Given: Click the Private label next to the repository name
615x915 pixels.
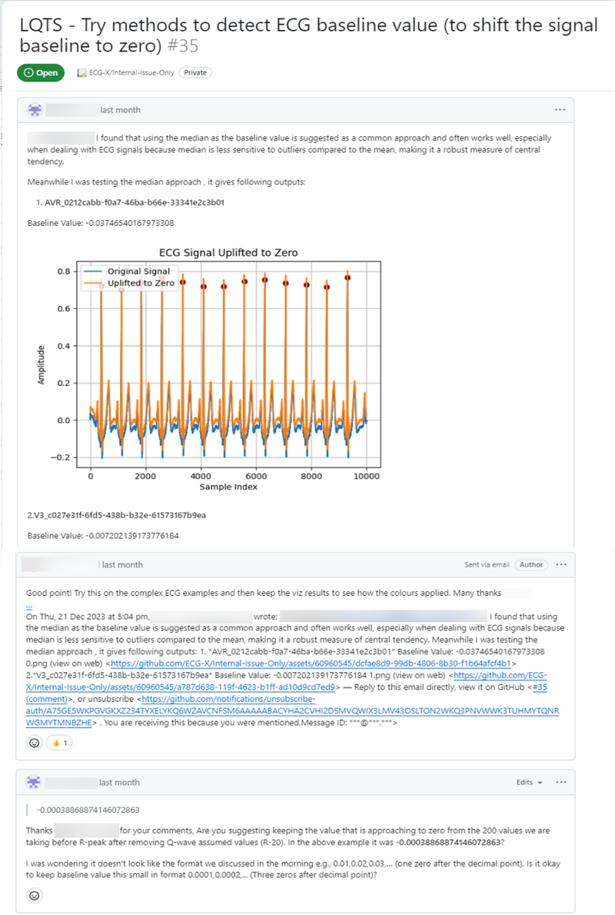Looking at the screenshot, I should click(x=195, y=72).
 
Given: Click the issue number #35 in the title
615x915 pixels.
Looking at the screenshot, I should click(x=183, y=46).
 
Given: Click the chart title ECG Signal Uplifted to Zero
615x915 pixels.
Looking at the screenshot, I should click(x=228, y=252).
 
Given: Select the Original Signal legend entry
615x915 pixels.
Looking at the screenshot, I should click(x=138, y=271).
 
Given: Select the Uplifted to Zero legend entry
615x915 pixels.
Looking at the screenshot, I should click(x=141, y=283).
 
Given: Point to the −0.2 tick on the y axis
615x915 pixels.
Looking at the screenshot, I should click(x=62, y=457).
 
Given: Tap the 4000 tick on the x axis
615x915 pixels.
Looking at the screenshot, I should click(x=201, y=476).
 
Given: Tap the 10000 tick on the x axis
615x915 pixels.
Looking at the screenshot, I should click(x=367, y=476).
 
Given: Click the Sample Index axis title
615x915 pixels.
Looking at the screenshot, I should click(x=228, y=487).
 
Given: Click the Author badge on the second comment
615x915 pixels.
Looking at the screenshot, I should click(x=531, y=564).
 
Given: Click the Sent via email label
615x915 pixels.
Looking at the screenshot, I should click(x=487, y=564).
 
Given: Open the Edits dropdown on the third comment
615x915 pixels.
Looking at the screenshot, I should click(x=529, y=782).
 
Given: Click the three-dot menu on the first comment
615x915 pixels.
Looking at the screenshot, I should click(x=560, y=110).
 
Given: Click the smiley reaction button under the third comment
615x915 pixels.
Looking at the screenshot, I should click(x=35, y=895).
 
